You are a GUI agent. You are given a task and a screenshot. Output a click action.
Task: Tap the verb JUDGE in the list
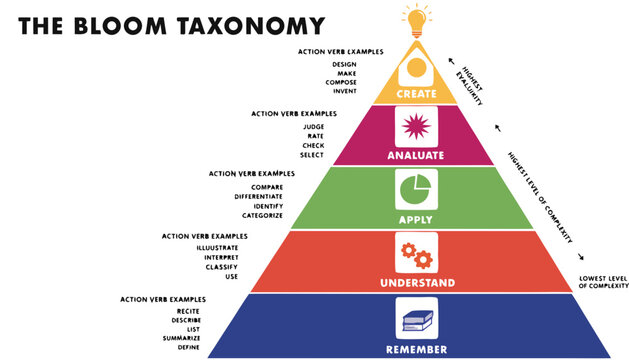[313, 127]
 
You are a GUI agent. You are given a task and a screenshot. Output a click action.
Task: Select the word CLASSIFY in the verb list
[222, 267]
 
